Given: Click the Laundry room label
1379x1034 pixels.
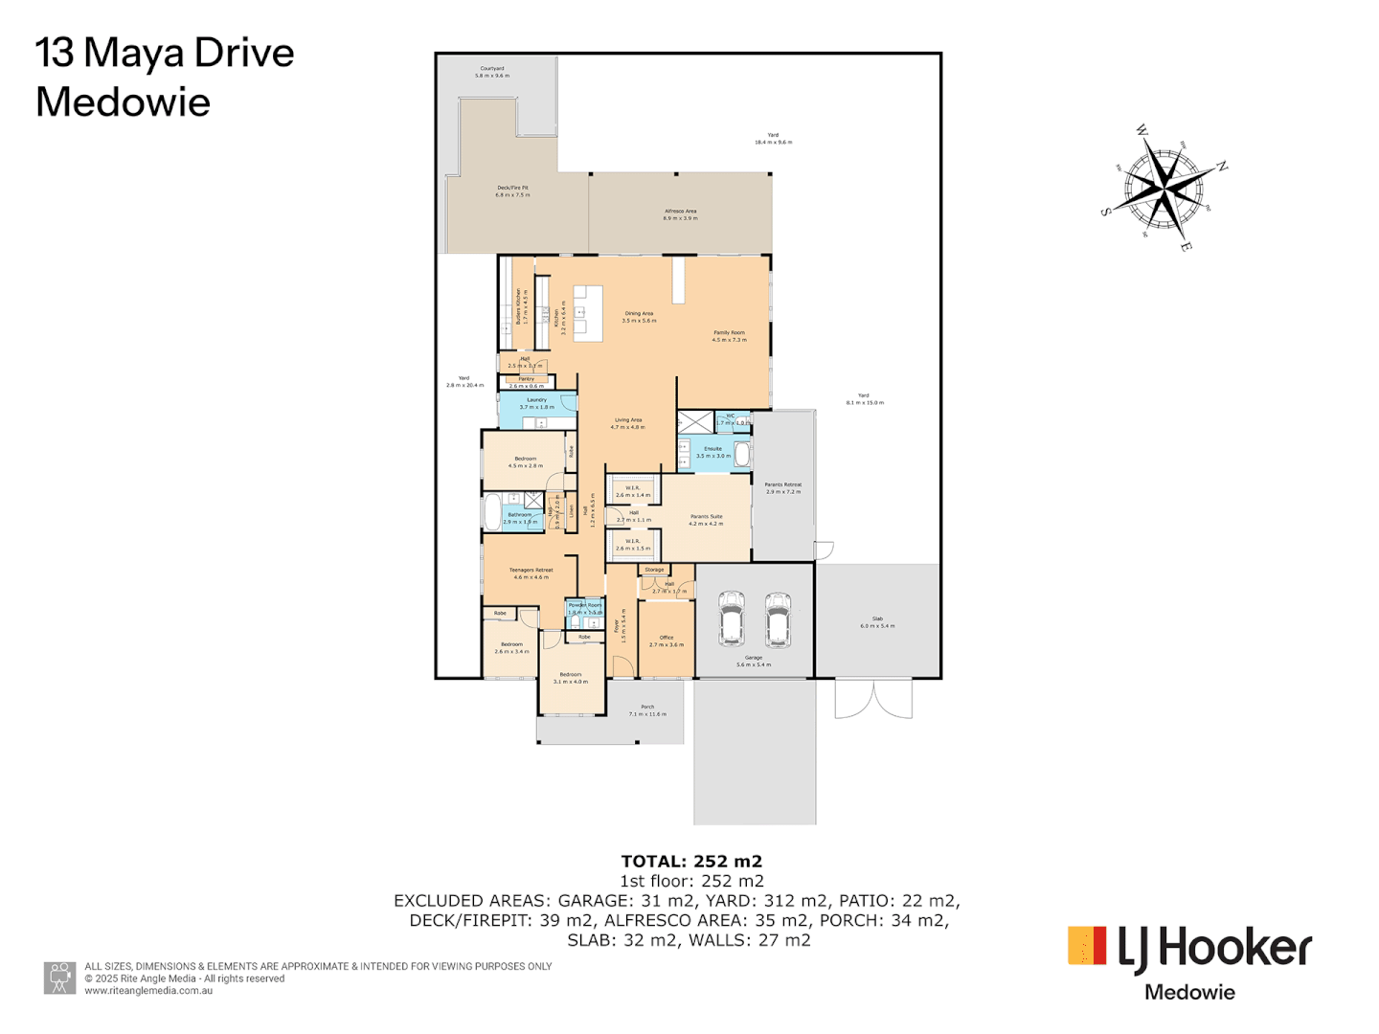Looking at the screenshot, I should [536, 400].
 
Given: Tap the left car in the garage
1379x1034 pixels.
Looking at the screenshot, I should [732, 619].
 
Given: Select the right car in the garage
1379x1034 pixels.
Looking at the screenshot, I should [778, 619].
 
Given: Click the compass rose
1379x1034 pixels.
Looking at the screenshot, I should [1164, 189].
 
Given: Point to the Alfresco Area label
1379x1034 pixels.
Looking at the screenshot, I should [680, 212].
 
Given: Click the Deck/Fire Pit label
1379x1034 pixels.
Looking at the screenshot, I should [512, 189].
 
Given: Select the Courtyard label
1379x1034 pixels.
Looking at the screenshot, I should [492, 69].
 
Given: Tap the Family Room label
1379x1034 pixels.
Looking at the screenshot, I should [729, 333].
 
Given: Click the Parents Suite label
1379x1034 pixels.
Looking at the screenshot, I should [706, 517].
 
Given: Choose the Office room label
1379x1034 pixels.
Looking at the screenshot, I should [667, 638].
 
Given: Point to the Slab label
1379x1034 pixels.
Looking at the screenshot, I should [877, 619].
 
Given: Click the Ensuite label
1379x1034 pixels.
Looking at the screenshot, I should [712, 449].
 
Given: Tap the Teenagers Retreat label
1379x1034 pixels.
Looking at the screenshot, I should [531, 571].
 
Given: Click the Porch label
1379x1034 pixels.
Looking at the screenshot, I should [647, 708].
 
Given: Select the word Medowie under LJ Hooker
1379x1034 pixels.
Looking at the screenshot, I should [1189, 993].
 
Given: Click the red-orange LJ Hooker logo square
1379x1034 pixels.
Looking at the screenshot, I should [1087, 945].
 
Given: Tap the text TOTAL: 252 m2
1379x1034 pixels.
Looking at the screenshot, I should [691, 862].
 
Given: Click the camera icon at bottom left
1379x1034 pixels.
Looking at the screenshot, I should [60, 978].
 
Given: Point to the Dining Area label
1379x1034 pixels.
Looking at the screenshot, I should [639, 314].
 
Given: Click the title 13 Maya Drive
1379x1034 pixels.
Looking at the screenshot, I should [165, 54].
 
